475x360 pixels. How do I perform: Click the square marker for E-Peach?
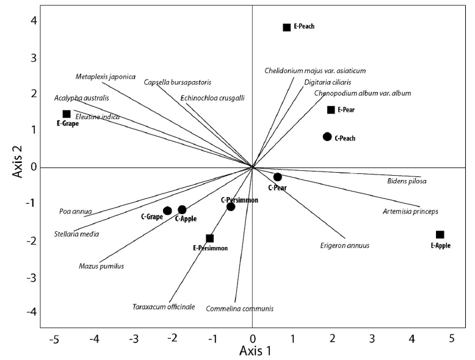click(286, 27)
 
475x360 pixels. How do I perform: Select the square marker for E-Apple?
click(440, 235)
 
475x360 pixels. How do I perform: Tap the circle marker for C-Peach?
click(327, 137)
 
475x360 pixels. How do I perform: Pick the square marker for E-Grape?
click(67, 114)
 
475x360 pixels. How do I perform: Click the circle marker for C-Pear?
click(277, 177)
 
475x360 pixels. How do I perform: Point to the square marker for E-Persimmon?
click(210, 239)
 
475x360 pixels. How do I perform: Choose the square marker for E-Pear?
click(331, 110)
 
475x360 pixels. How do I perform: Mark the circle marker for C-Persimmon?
click(231, 207)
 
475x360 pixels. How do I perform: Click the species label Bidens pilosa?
click(407, 181)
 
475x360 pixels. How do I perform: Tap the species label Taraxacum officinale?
click(164, 306)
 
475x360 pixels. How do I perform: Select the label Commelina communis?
click(240, 309)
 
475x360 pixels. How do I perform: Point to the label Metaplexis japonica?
click(106, 77)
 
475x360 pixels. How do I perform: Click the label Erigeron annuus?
click(345, 246)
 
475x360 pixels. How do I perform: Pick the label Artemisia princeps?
click(410, 212)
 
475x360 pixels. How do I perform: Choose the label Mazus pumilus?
click(101, 266)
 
